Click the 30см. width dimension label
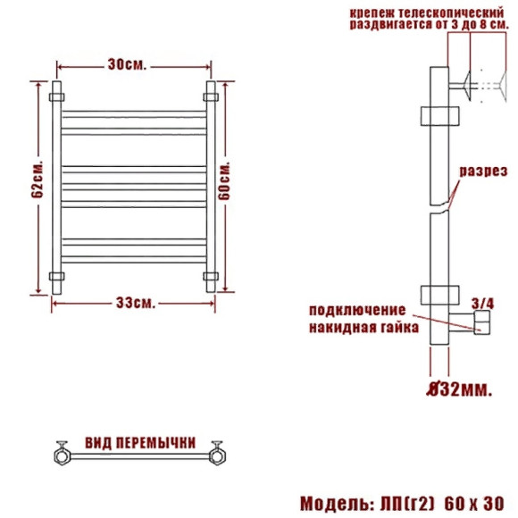[127, 65]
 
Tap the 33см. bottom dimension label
[136, 303]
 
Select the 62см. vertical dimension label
[38, 180]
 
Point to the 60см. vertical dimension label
[224, 180]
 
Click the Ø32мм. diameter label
[460, 389]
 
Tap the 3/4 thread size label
[483, 304]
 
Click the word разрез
[483, 171]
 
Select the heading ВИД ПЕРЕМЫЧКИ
[140, 443]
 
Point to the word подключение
[357, 311]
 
